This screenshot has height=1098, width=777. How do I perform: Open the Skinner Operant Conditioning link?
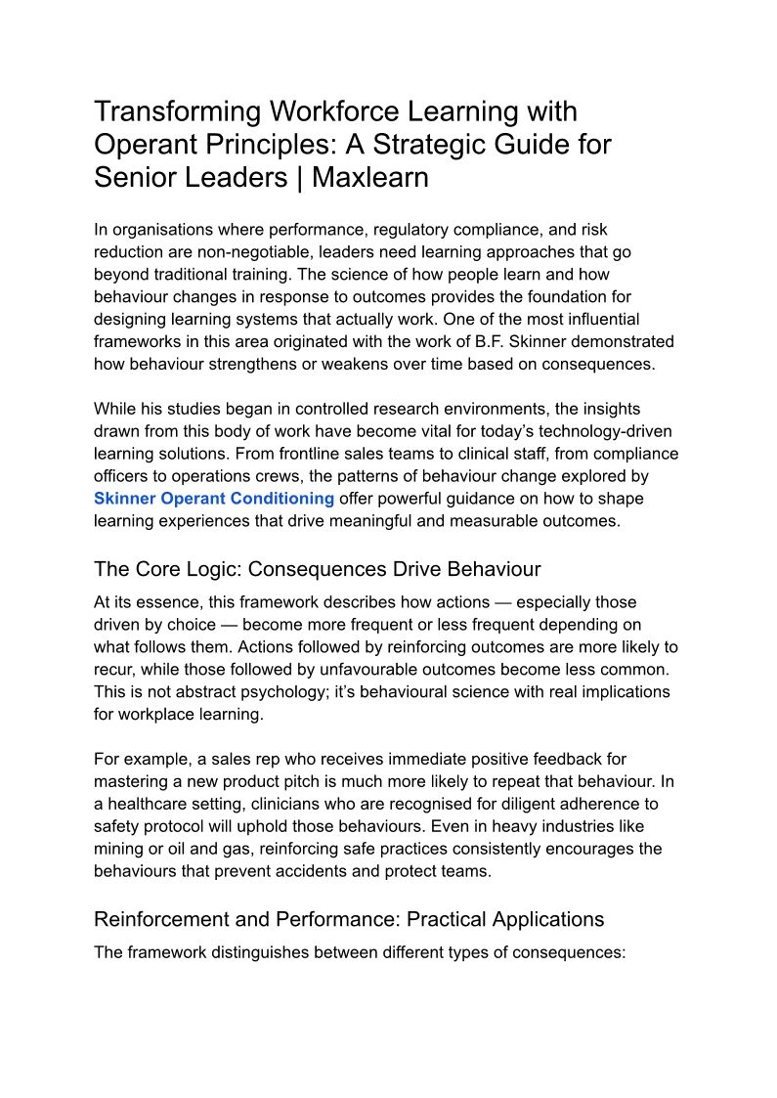coord(214,499)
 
